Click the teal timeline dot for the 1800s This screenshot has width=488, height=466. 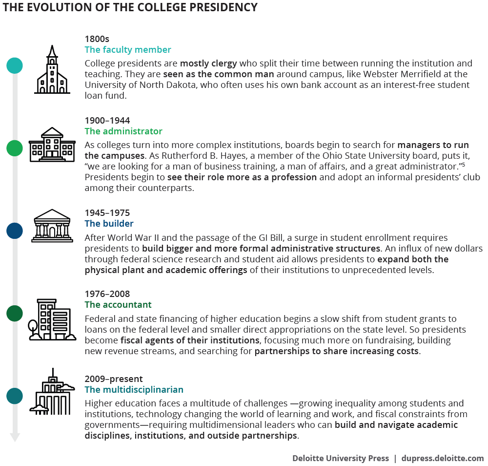[15, 65]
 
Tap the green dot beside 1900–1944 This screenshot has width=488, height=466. [15, 148]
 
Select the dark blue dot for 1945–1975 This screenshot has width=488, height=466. [15, 231]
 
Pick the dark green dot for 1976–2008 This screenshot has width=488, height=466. [15, 313]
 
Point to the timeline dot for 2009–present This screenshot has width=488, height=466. [15, 396]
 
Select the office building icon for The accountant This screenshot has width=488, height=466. [52, 319]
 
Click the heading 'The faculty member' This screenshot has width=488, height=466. [128, 50]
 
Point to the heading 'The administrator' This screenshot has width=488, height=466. [123, 131]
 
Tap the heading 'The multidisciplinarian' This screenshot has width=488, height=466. [134, 390]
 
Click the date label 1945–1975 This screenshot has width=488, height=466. [107, 213]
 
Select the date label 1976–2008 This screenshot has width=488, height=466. [107, 294]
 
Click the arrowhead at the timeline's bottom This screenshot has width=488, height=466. [15, 437]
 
